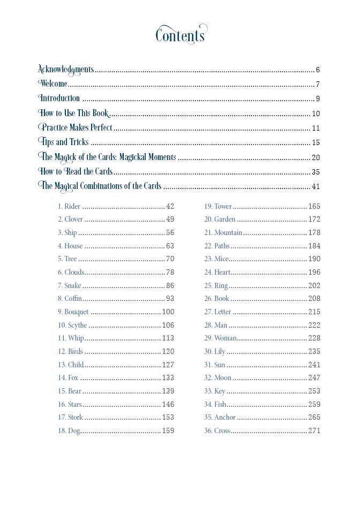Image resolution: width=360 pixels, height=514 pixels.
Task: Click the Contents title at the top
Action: [x=180, y=35]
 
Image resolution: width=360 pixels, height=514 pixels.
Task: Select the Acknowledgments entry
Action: [x=66, y=69]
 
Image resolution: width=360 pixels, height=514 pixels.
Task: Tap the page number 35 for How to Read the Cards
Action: [x=316, y=172]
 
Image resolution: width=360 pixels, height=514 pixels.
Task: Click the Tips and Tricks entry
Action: [x=64, y=142]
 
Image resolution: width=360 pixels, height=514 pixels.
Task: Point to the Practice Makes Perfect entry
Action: [x=76, y=127]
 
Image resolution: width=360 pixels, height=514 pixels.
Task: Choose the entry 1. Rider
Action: [x=69, y=206]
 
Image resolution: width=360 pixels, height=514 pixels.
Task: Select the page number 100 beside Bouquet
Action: [x=168, y=312]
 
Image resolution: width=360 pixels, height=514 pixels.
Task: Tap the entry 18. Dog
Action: [x=69, y=430]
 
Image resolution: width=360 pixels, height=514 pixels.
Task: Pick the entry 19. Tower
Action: [x=218, y=206]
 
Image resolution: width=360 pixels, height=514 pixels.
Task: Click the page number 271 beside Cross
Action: [x=314, y=430]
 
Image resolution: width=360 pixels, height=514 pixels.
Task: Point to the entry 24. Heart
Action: [x=217, y=272]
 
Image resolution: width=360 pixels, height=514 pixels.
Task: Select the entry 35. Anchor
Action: [x=220, y=417]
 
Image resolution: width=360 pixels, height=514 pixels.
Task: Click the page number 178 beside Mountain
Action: [x=314, y=232]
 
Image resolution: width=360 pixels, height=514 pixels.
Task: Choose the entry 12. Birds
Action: [x=70, y=351]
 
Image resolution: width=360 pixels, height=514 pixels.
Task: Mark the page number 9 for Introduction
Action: [x=318, y=99]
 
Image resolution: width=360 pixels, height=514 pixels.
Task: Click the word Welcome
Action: [x=54, y=84]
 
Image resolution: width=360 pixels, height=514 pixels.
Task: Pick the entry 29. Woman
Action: [x=220, y=338]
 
